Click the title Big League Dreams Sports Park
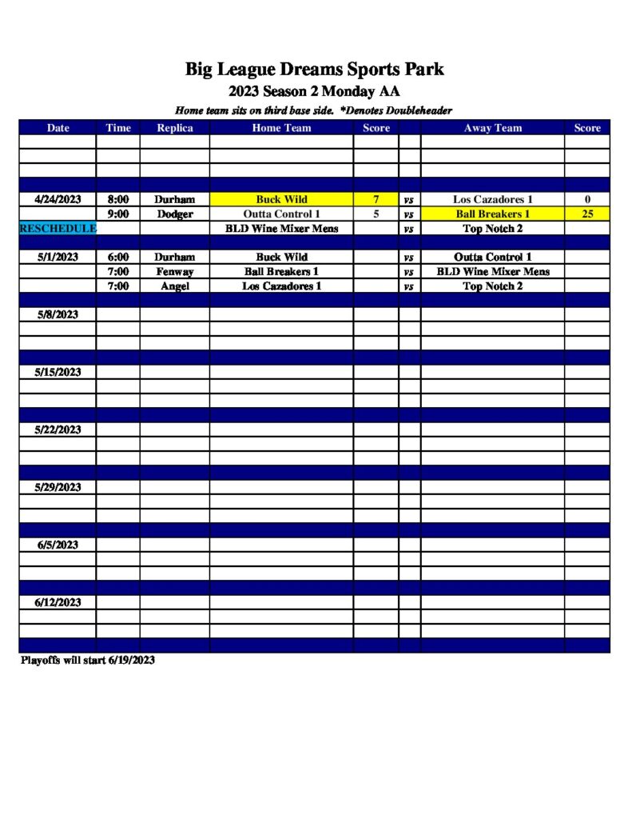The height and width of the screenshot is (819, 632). pos(315,70)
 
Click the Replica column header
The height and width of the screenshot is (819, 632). pos(174,128)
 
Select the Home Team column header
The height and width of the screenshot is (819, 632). pos(281,128)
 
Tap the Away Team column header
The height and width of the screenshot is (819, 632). pos(492,128)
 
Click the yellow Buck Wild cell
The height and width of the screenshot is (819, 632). pos(281,199)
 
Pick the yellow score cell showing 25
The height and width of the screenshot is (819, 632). pos(587,214)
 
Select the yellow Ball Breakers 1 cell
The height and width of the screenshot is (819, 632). pos(492,214)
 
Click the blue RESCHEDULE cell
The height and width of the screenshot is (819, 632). pos(58,229)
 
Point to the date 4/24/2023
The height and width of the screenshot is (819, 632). pos(58,199)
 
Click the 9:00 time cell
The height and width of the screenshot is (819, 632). pos(118,214)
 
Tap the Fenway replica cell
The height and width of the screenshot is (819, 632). pos(174,272)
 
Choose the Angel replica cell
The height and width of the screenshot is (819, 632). pos(174,286)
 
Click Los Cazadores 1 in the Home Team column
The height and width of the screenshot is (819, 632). pos(281,286)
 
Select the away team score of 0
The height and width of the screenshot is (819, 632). pos(587,199)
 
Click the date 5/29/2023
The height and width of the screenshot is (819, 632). pos(58,487)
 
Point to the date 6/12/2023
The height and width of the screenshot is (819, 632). pos(58,602)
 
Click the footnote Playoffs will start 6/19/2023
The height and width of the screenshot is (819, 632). pos(88,661)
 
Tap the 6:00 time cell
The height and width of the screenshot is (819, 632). pos(118,258)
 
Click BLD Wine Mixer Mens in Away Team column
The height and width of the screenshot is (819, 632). pos(492,272)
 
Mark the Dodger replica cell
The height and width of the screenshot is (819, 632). pos(174,214)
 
